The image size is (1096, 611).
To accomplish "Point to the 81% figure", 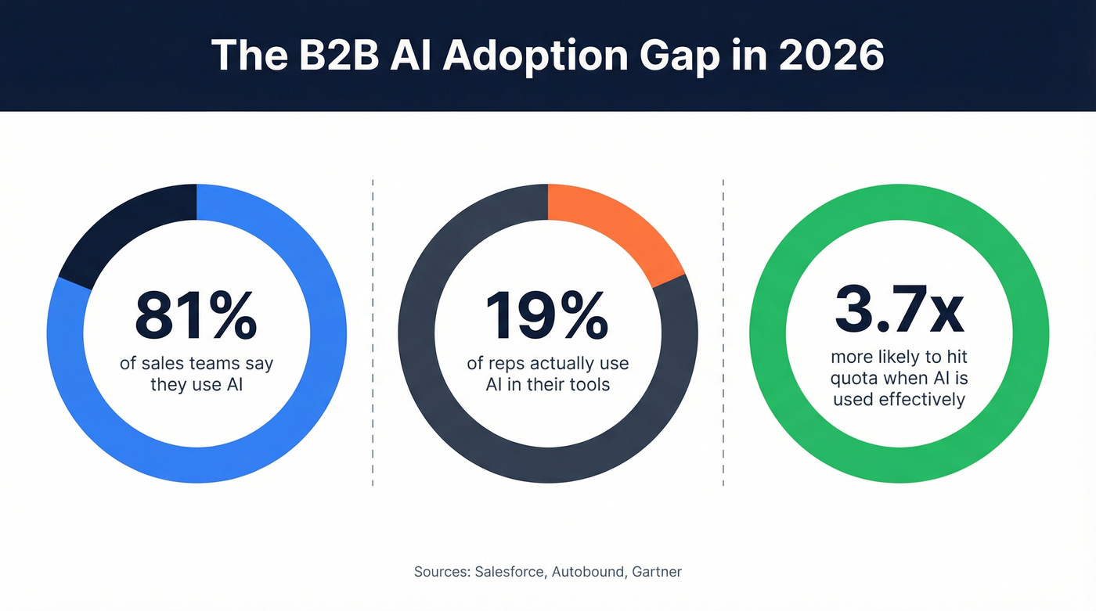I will [195, 316].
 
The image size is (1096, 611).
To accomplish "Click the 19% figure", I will [546, 316].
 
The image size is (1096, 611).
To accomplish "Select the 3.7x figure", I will [899, 310].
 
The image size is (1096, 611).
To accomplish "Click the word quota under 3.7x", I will [854, 379].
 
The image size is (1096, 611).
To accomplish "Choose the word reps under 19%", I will [510, 364].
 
